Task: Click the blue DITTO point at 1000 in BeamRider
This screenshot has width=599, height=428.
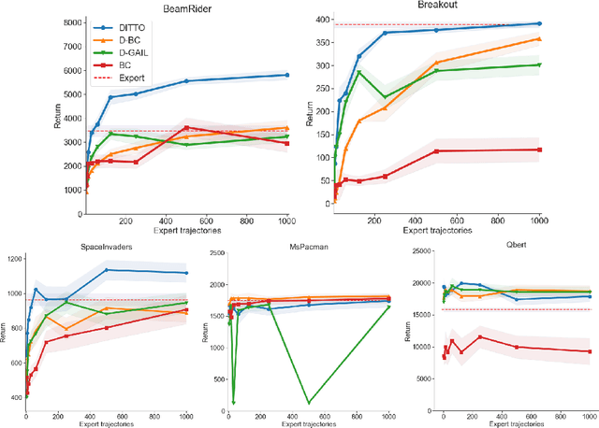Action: point(287,75)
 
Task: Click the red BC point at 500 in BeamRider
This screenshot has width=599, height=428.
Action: point(187,127)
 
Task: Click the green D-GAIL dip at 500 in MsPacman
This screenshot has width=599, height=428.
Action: point(309,403)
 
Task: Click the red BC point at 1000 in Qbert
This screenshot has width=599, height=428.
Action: point(589,351)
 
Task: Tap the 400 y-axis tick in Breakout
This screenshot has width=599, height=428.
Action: point(320,19)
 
